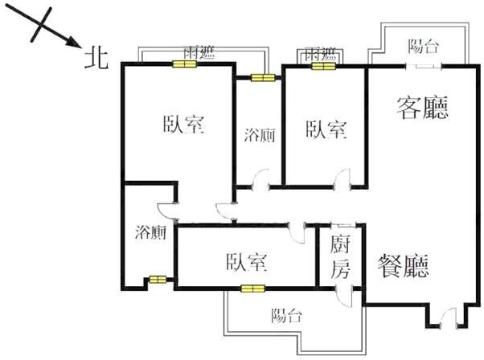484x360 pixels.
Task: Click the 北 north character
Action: pos(96,55)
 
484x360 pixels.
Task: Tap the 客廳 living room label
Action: pos(422,107)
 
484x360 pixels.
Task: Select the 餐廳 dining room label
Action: pos(404,264)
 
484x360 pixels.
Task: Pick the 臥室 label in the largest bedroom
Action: pos(183,125)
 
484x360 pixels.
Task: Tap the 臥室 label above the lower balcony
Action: pos(247,261)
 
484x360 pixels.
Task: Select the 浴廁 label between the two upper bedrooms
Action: pos(260,135)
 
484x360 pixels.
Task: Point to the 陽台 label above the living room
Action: pos(424,46)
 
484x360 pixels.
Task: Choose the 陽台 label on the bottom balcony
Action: pos(287,315)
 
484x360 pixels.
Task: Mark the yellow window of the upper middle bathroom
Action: pos(262,78)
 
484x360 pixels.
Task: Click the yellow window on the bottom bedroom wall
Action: pos(252,288)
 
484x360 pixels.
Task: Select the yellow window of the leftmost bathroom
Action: pos(156,280)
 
